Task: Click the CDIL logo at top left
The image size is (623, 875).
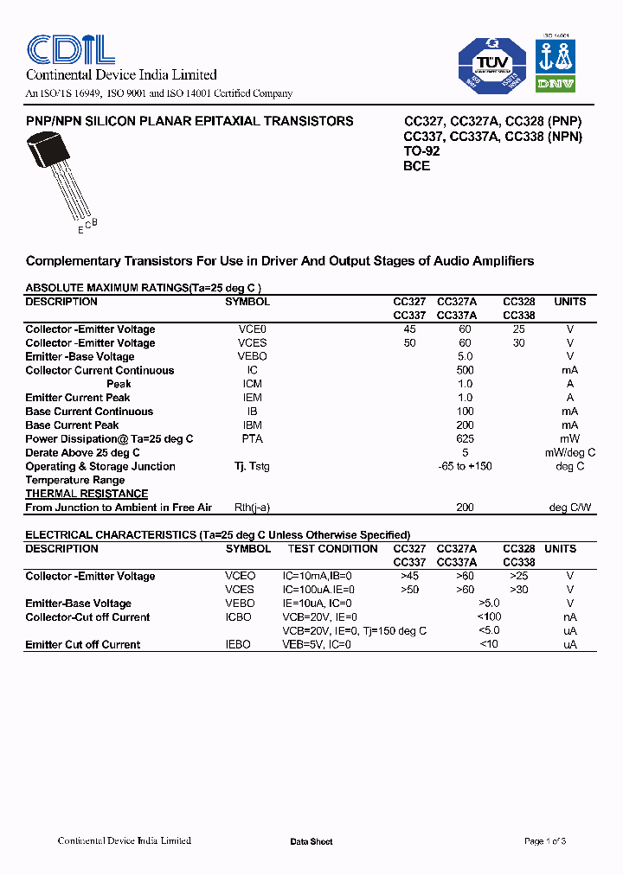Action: coord(70,49)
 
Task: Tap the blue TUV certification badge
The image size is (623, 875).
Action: coord(491,64)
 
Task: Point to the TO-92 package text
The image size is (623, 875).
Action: coord(421,151)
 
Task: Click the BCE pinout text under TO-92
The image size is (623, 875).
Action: coord(416,166)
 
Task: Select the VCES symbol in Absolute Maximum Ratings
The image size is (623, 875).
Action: coord(252,343)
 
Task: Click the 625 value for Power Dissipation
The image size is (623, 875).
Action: coord(465,439)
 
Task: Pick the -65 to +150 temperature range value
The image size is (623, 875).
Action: coord(465,467)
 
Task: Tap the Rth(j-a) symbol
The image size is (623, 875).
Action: coord(252,508)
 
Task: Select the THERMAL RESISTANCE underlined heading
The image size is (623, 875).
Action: coord(87,494)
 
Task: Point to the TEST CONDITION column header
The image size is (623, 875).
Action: coord(332,549)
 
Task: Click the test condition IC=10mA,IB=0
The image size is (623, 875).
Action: coord(318,576)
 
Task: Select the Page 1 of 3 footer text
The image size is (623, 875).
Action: coord(545,841)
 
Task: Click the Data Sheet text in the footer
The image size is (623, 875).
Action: coord(311,842)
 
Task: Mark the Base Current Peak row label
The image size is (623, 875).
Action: coord(72,425)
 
